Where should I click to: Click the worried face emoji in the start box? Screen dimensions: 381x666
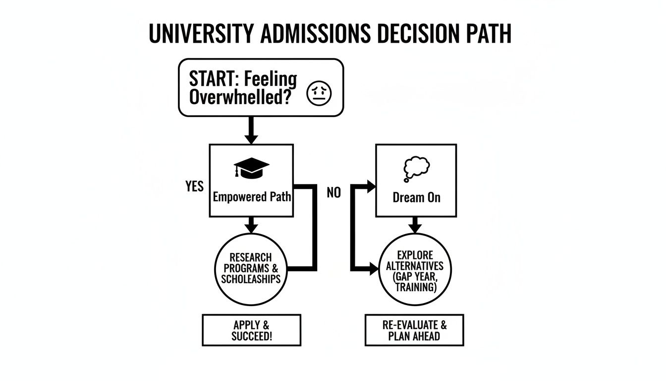322,94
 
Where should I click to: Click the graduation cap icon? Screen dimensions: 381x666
251,168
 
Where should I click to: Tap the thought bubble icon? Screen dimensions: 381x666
417,169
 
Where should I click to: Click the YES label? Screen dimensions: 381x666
194,186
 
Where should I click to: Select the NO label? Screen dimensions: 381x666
334,193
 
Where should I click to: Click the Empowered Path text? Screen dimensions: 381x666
251,197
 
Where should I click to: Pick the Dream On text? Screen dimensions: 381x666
416,197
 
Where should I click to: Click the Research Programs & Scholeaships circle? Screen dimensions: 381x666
251,268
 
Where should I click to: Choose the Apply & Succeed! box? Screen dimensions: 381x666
251,330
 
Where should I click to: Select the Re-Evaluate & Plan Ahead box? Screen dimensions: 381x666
414,330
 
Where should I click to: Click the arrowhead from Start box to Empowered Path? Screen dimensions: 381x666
251,138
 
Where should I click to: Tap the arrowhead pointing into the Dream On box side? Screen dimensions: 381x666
371,187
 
